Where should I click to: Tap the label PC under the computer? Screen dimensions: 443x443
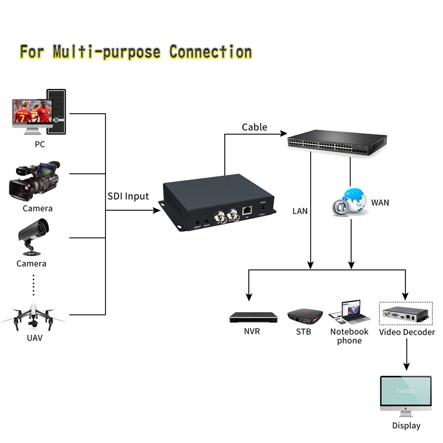pos(40,144)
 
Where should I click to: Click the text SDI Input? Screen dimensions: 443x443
pos(128,196)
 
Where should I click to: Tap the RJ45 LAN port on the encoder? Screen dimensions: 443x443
pos(247,210)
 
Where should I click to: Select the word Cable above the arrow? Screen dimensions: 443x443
pos(254,127)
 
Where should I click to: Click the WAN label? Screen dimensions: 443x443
pos(380,203)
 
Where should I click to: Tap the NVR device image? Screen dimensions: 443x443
pos(253,317)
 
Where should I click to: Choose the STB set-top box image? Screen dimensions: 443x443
pos(305,316)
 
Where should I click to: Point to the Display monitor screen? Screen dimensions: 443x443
pos(406,391)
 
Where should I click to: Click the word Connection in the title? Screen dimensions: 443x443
pos(210,52)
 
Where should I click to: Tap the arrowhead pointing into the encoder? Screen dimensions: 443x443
pos(157,210)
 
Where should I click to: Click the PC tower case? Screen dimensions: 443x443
pos(56,111)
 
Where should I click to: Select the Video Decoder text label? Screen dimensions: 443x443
pos(407,332)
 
